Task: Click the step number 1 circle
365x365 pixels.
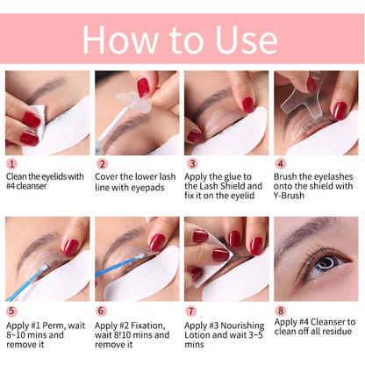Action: (11, 163)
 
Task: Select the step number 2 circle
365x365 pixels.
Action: (102, 163)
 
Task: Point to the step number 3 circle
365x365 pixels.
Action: (191, 163)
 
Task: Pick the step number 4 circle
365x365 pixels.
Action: (281, 163)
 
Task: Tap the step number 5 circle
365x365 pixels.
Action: (11, 310)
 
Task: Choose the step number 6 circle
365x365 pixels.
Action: (102, 310)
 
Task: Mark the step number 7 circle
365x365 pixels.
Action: (191, 310)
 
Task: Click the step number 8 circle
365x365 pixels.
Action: (281, 310)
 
